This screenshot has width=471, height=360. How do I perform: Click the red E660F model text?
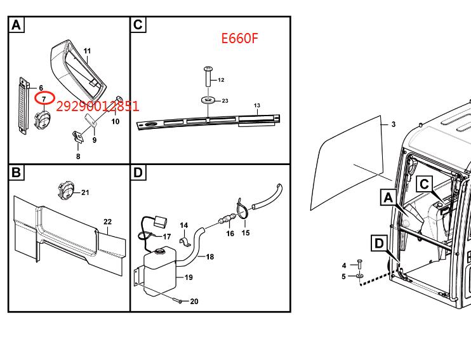coord(239,38)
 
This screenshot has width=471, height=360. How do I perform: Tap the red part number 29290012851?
coord(98,106)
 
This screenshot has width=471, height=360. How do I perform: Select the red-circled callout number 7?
coord(44,98)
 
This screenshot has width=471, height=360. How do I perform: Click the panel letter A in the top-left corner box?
coord(17,25)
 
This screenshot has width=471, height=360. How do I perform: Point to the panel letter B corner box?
coord(17,173)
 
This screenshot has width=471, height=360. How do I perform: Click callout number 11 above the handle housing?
coord(87,51)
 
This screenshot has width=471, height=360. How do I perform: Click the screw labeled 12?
coord(208,77)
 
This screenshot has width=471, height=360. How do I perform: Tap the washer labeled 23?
coord(208,100)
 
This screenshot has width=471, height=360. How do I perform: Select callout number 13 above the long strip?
coord(257,105)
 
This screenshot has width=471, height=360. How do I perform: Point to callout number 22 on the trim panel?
coord(107,222)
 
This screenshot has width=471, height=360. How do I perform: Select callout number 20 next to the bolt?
coord(194,301)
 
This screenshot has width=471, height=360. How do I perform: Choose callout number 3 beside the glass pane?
coord(394,124)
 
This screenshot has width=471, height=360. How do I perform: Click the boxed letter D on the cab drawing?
coord(380,243)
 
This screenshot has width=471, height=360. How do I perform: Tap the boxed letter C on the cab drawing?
coord(425,184)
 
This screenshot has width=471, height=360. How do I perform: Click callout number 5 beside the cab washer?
coord(343,276)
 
